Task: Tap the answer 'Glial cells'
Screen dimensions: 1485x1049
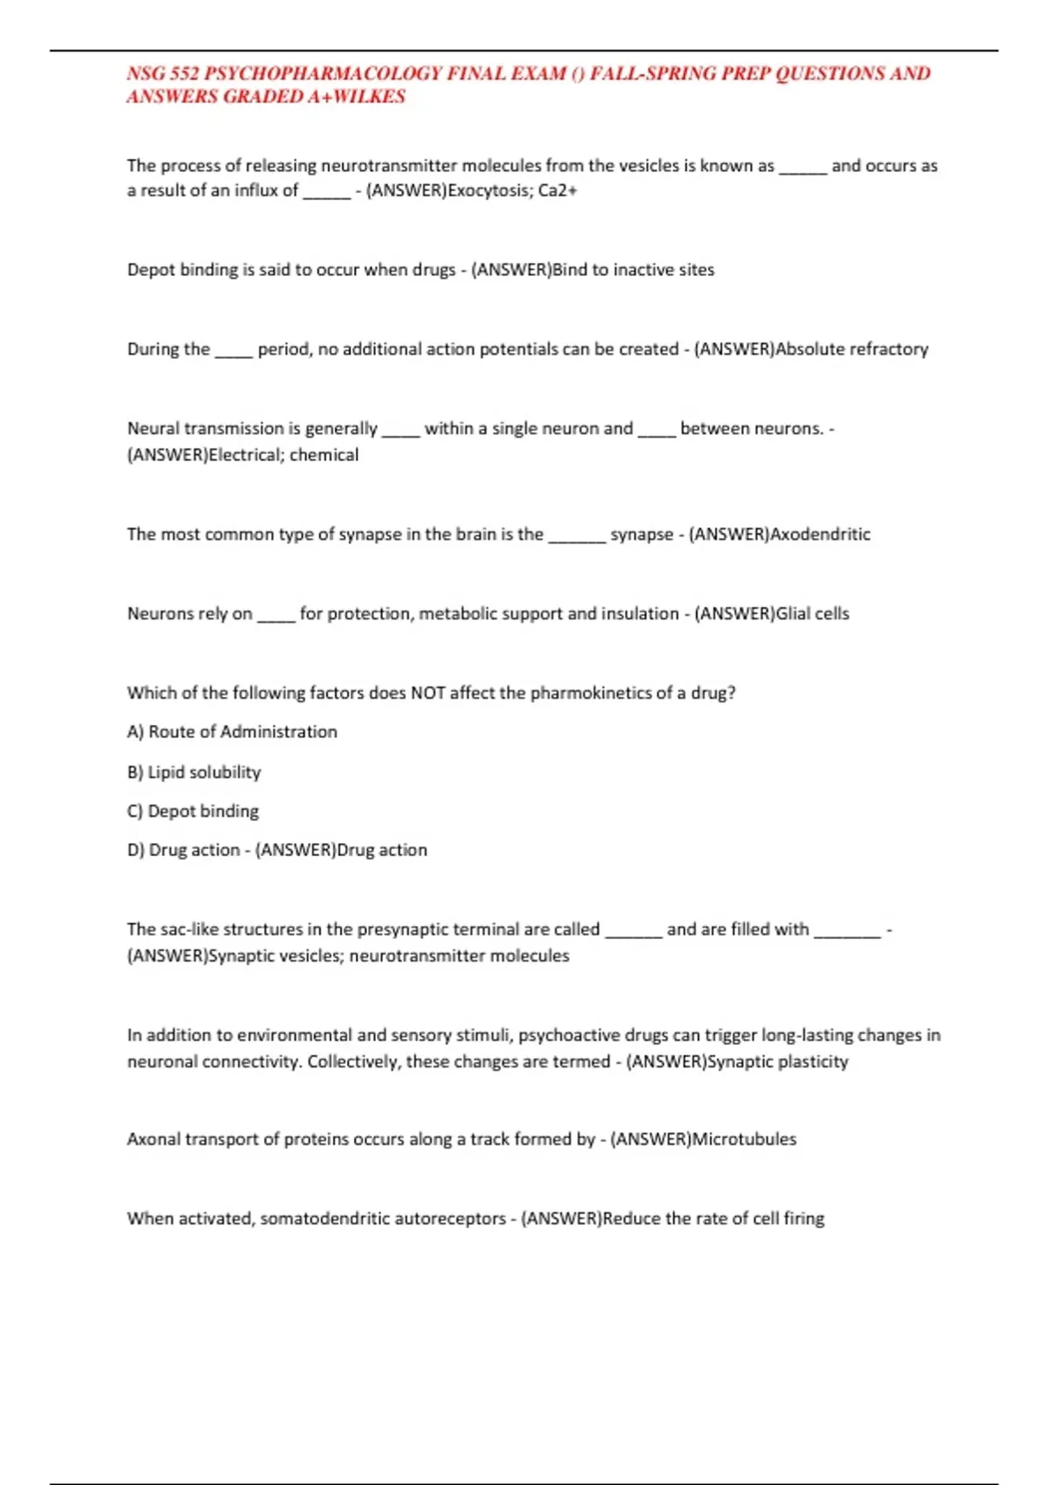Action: tap(812, 614)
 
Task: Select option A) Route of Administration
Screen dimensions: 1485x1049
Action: tap(233, 732)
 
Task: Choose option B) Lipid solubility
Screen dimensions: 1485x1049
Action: tap(194, 772)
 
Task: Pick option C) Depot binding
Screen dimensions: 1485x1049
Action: tap(193, 812)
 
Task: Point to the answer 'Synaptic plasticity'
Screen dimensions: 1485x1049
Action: tap(777, 1062)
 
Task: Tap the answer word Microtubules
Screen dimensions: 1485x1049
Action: tap(744, 1140)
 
